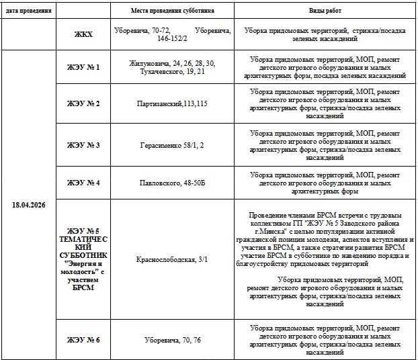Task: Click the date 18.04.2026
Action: click(29, 205)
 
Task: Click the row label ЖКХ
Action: click(83, 34)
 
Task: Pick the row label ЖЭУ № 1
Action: click(83, 67)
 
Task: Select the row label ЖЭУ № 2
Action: click(83, 103)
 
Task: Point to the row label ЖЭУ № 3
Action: click(83, 145)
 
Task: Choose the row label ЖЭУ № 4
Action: click(83, 183)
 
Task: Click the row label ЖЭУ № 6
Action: click(83, 340)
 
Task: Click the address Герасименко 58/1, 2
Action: click(173, 145)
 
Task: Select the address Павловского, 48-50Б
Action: click(173, 183)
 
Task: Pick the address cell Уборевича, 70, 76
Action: click(173, 340)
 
